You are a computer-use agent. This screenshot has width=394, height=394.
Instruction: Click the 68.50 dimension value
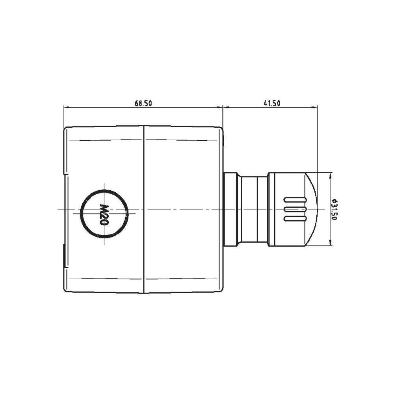coord(143,104)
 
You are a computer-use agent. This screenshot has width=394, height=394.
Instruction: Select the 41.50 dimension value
coord(271,104)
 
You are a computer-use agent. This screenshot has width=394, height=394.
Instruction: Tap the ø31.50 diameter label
coord(335,209)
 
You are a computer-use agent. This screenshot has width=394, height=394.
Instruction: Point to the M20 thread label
coord(104,214)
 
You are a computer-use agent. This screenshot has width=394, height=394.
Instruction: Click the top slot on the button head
coord(295,199)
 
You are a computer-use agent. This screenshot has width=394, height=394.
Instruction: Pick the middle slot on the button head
coord(295,209)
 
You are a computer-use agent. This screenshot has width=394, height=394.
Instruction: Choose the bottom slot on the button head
coord(295,218)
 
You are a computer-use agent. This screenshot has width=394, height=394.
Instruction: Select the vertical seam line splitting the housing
coord(144,209)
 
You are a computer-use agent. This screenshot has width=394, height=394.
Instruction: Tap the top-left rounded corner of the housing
coord(66,128)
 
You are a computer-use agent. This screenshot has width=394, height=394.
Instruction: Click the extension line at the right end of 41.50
coord(317,138)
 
